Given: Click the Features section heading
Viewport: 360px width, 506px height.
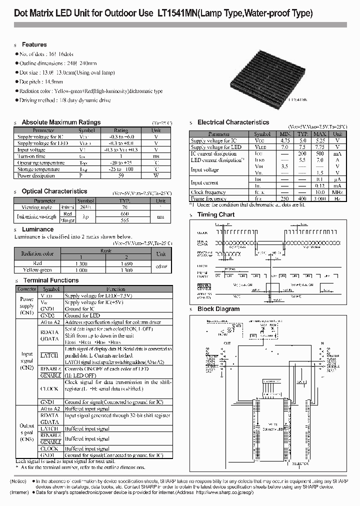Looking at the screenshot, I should click(34, 44).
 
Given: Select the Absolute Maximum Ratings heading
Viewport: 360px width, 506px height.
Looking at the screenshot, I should click(61, 122).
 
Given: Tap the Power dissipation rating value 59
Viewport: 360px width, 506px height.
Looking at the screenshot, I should click(121, 176).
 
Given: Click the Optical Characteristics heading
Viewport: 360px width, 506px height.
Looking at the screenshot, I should click(54, 191).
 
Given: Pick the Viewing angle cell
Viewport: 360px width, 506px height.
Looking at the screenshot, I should click(37, 207).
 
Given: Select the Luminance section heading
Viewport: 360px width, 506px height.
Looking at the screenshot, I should click(37, 229).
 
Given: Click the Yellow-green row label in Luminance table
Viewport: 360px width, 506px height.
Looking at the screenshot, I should click(37, 270).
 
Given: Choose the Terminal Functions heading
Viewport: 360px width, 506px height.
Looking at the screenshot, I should click(51, 280).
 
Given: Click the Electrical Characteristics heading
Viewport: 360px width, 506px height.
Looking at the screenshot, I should click(233, 122).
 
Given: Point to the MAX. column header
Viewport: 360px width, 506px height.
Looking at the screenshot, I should click(320, 134).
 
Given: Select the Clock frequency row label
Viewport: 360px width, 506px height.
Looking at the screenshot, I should click(208, 192).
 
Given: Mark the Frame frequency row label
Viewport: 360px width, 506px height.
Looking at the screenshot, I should click(209, 198).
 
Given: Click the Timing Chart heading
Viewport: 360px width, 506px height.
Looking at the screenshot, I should click(216, 214).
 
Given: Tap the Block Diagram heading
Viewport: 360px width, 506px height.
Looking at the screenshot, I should click(218, 309).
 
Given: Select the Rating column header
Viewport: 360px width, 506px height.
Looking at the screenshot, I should click(121, 130).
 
